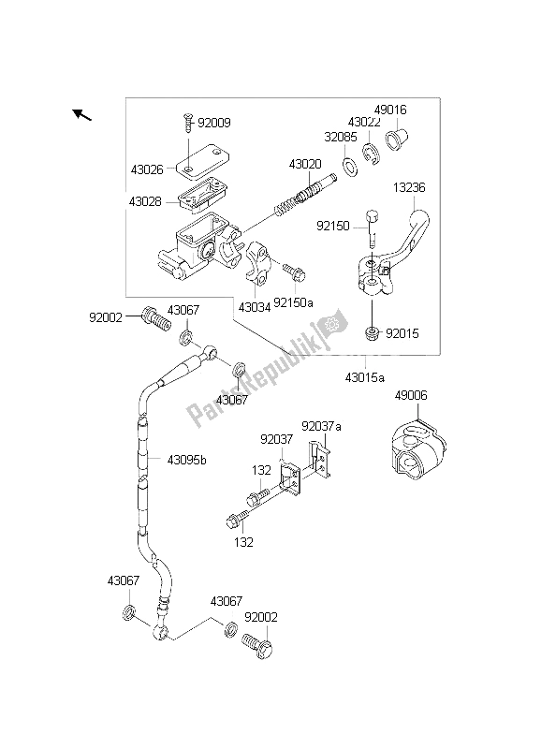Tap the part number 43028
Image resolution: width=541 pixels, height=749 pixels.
148,201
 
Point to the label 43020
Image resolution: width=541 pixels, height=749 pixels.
305,164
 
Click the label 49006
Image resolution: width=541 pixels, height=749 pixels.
410,395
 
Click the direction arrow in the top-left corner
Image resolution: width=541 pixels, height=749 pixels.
81,115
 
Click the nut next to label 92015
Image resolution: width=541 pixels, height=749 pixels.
373,333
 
